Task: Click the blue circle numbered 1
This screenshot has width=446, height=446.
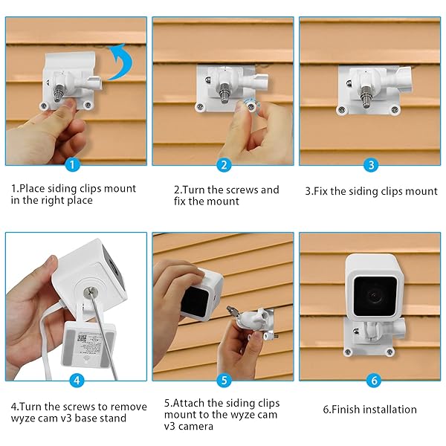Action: click(71, 165)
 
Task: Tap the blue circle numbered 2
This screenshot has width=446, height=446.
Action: click(224, 165)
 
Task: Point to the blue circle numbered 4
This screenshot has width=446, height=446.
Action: click(75, 381)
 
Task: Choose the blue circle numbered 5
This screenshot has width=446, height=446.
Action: click(224, 381)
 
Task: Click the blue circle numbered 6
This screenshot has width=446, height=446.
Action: click(373, 381)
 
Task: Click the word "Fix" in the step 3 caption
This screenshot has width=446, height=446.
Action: click(324, 191)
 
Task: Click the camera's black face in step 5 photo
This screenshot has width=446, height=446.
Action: click(195, 302)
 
